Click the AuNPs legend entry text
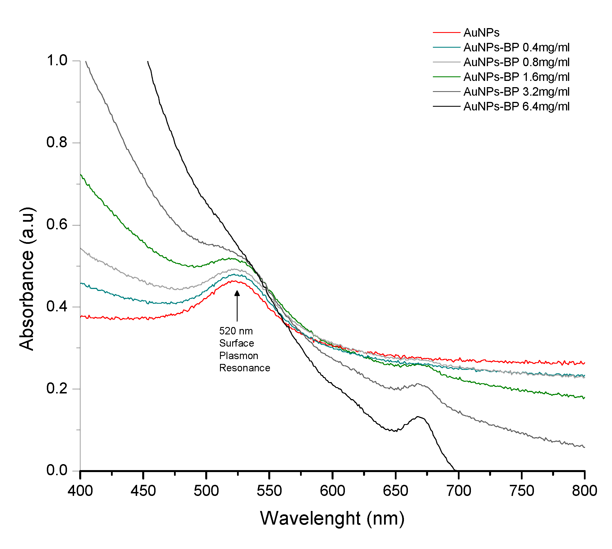coord(481,33)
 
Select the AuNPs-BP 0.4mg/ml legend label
coord(516,47)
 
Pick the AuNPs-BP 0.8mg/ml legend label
coord(516,62)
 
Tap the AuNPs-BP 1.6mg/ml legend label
coord(516,77)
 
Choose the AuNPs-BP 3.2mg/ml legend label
coord(516,92)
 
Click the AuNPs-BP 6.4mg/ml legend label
coord(516,106)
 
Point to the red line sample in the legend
coord(446,33)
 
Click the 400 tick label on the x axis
coord(80,491)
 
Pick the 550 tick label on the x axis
coord(269,491)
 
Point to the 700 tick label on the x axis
coord(458,491)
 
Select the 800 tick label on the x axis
coord(584,491)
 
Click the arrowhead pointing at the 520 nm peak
coord(237,293)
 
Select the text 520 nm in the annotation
coord(236,331)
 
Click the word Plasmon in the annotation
coord(239,356)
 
